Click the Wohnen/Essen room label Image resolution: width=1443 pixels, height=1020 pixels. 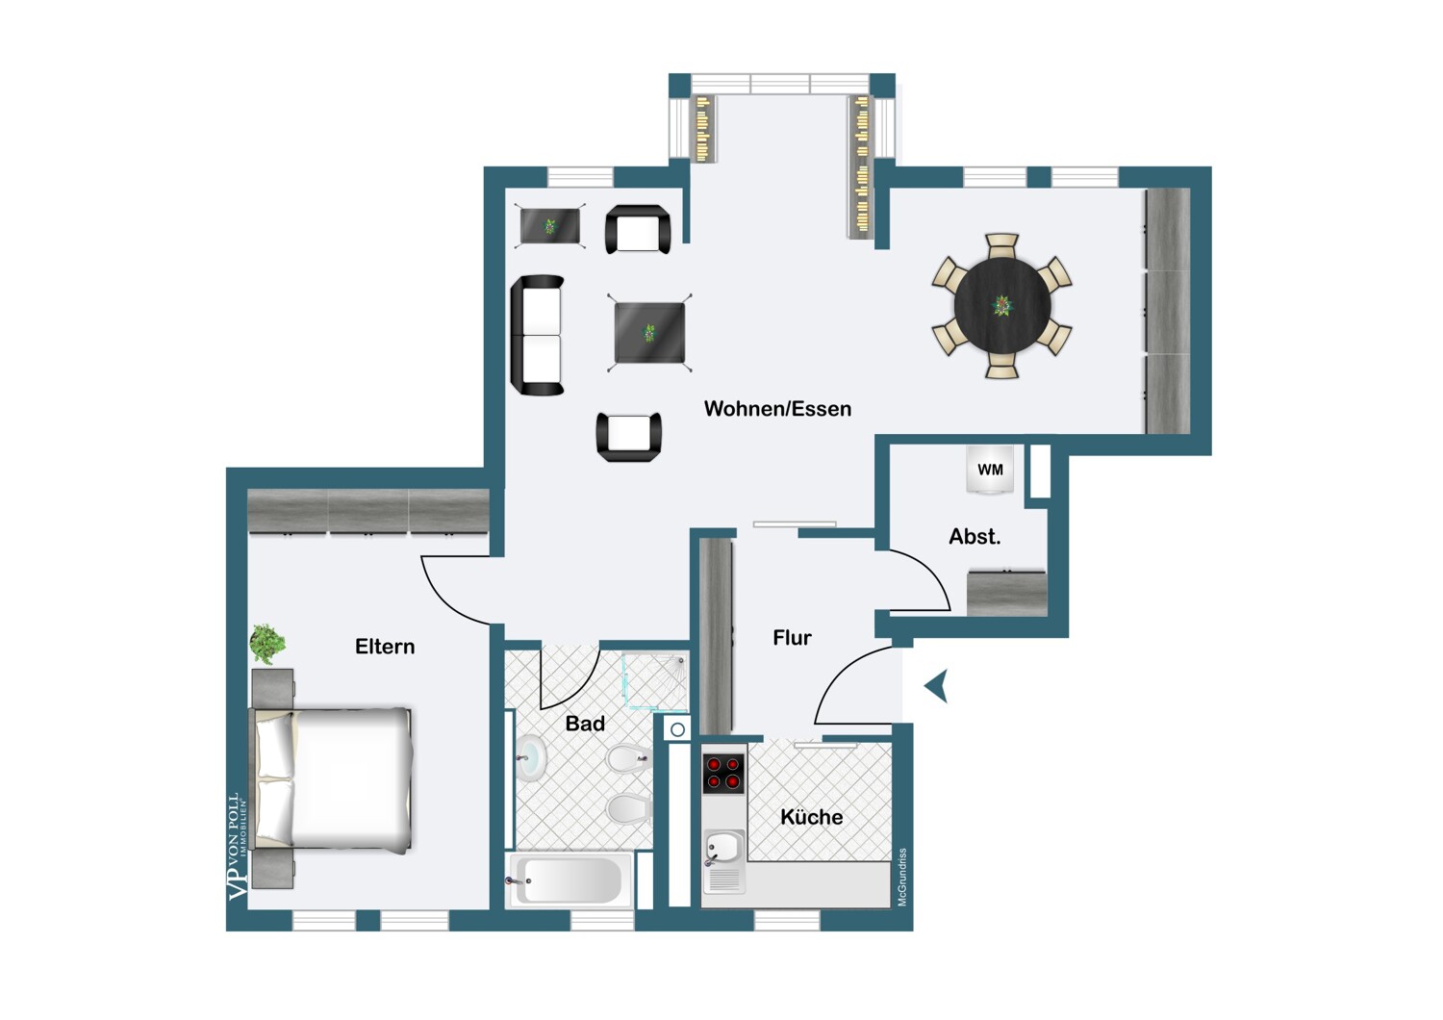coord(777,409)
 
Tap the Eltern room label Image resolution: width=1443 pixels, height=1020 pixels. coord(385,647)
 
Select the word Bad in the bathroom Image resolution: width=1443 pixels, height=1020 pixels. coord(585,724)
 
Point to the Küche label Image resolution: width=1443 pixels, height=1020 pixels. coord(811,817)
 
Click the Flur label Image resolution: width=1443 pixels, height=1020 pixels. coord(792,638)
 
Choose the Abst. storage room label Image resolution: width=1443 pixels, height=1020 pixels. coord(975,536)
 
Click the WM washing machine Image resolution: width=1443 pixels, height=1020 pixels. coord(990,470)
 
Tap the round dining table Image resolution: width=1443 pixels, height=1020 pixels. coord(1002,305)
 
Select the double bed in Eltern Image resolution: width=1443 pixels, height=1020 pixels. coord(331,780)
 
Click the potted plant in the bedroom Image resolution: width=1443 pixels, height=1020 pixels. coord(267,643)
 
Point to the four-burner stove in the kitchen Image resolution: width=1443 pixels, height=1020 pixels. coord(722,774)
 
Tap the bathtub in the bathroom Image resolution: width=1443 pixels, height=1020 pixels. coord(569,880)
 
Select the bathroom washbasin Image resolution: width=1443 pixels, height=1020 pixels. coord(531,757)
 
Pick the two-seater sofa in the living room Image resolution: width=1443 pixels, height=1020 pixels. coord(537,335)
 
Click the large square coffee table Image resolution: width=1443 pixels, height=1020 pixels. coord(649,333)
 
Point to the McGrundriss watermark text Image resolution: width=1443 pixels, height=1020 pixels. coord(902,877)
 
